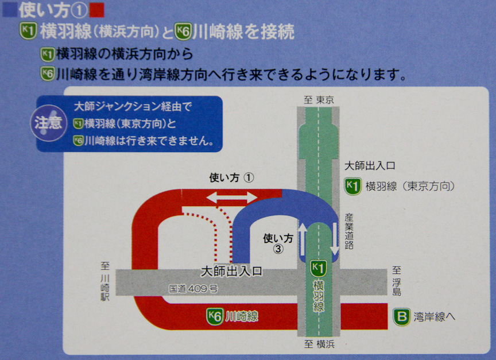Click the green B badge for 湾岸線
pyautogui.click(x=401, y=317)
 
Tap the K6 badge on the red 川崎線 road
pyautogui.click(x=215, y=316)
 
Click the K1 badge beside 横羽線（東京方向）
pyautogui.click(x=352, y=186)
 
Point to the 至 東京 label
pyautogui.click(x=319, y=99)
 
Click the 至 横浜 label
pyautogui.click(x=319, y=344)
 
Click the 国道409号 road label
pyautogui.click(x=193, y=289)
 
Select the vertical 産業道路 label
pyautogui.click(x=348, y=231)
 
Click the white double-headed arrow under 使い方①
pyautogui.click(x=232, y=198)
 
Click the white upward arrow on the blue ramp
pyautogui.click(x=303, y=241)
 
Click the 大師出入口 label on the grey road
pyautogui.click(x=231, y=270)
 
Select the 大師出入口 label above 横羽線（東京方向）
pyautogui.click(x=370, y=166)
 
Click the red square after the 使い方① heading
pyautogui.click(x=96, y=10)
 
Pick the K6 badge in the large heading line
pyautogui.click(x=183, y=31)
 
